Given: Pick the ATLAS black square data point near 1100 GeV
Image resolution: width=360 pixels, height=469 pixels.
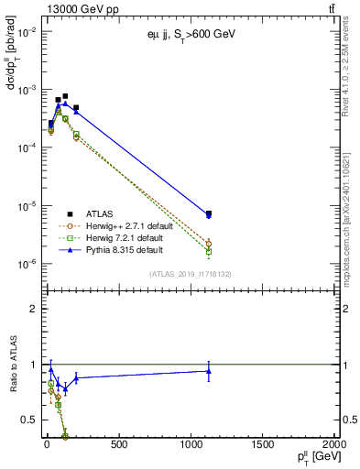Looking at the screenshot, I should pyautogui.click(x=209, y=213).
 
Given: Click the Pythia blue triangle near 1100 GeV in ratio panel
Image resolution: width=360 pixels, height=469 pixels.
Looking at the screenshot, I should pyautogui.click(x=209, y=370).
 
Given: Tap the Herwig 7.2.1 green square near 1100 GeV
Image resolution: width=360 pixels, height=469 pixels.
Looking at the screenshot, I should pyautogui.click(x=209, y=251).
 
